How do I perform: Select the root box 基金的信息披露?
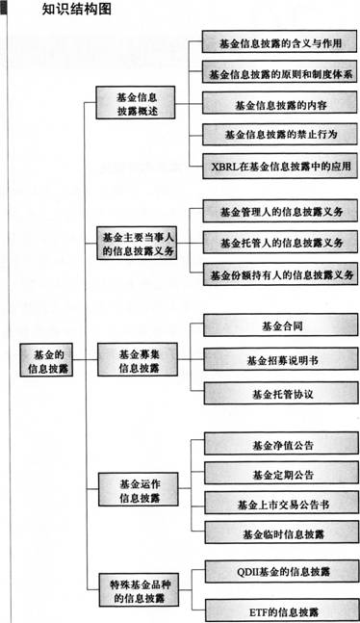point(45,360)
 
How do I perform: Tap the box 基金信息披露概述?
point(136,103)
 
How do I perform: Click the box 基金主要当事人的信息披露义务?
point(138,243)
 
